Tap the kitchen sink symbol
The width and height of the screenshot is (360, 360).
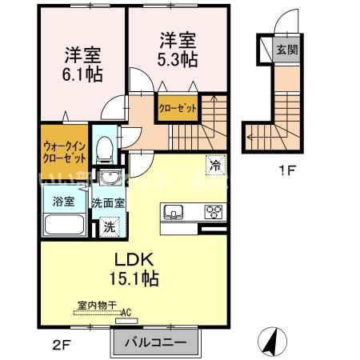174,213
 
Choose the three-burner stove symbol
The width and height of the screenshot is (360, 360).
214,212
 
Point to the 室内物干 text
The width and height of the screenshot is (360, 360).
97,305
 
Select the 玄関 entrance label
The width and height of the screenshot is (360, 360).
286,49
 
